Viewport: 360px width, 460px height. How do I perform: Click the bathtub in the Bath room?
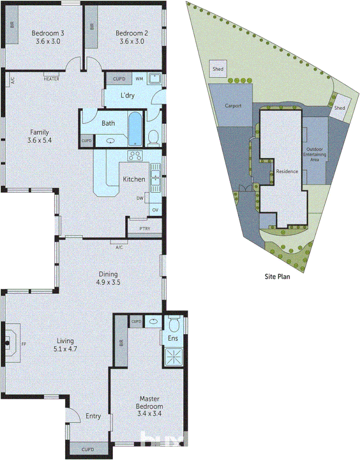[x=135, y=129]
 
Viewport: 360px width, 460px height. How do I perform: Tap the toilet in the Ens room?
[x=174, y=325]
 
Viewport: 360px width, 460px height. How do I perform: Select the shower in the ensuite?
[x=174, y=357]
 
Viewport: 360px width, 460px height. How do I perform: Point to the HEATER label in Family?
[x=51, y=78]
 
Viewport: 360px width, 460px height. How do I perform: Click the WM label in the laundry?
[x=139, y=78]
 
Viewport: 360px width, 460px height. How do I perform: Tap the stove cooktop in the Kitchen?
[x=135, y=156]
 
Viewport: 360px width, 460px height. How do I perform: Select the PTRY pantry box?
[x=144, y=229]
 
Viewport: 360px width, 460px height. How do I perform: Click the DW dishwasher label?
[x=140, y=198]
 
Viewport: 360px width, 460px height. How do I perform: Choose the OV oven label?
[x=155, y=209]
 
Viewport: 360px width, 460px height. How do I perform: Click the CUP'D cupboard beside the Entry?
[x=88, y=449]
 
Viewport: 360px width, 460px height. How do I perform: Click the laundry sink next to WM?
[x=156, y=79]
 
